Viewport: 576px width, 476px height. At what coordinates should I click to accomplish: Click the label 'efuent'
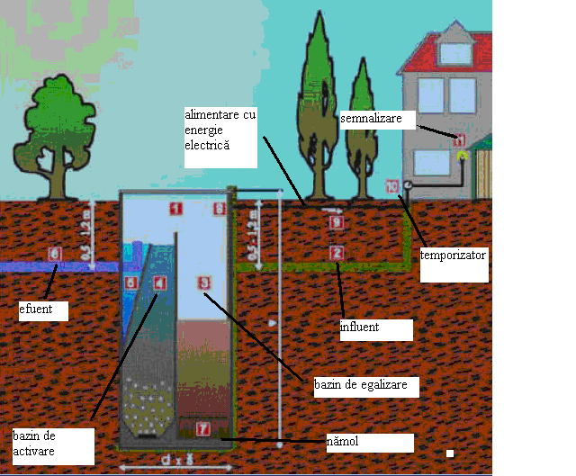pos(35,311)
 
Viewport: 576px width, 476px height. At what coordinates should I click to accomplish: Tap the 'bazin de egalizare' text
pos(355,385)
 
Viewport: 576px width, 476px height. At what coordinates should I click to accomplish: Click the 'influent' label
pos(360,328)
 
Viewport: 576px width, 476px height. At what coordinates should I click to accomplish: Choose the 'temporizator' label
pos(453,256)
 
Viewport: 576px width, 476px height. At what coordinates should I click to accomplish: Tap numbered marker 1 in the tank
pos(175,209)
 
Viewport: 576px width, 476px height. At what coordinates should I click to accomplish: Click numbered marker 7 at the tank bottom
pos(203,429)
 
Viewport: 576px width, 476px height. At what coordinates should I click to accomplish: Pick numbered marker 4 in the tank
pos(159,283)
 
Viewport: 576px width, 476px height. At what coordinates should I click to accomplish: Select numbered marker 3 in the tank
pos(203,283)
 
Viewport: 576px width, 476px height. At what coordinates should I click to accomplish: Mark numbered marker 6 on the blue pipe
pos(54,254)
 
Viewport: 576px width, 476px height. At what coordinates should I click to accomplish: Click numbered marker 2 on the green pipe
pos(337,253)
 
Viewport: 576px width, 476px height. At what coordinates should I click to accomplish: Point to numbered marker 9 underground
pos(336,222)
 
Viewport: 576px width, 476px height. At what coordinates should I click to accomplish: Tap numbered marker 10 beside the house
pos(391,186)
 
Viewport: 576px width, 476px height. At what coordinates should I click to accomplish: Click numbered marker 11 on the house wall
pos(459,139)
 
